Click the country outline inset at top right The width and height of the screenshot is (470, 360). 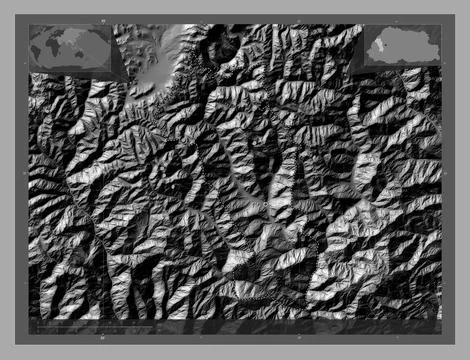403,45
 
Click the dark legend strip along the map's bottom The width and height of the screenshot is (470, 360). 234,326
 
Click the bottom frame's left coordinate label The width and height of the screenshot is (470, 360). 103,339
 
